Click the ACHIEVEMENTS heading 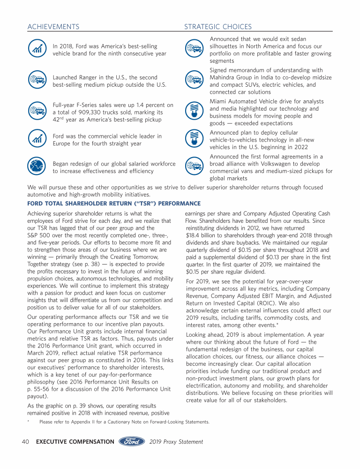(x=53, y=27)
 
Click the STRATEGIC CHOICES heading (x=217, y=27)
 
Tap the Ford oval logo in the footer (x=133, y=441)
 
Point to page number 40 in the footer (x=26, y=442)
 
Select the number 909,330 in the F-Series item (x=106, y=113)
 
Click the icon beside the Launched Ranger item (x=37, y=81)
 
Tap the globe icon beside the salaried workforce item (x=37, y=167)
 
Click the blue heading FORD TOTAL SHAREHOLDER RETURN (x=114, y=204)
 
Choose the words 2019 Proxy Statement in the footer (x=176, y=442)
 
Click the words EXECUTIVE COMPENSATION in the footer (x=75, y=442)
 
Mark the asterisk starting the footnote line (x=29, y=421)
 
